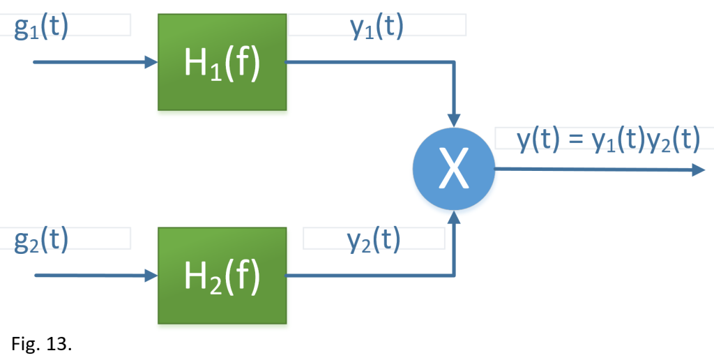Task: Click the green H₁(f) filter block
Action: tap(222, 63)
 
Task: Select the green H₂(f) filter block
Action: tap(222, 276)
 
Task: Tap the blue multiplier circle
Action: tap(454, 170)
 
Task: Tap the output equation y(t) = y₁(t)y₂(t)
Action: tap(607, 139)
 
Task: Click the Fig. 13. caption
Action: tap(42, 344)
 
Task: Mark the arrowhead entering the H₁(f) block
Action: tap(151, 63)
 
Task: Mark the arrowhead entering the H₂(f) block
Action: tap(151, 276)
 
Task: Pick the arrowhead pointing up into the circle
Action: tap(455, 218)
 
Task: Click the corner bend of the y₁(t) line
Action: tap(455, 62)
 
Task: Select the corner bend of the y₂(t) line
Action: tap(455, 276)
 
